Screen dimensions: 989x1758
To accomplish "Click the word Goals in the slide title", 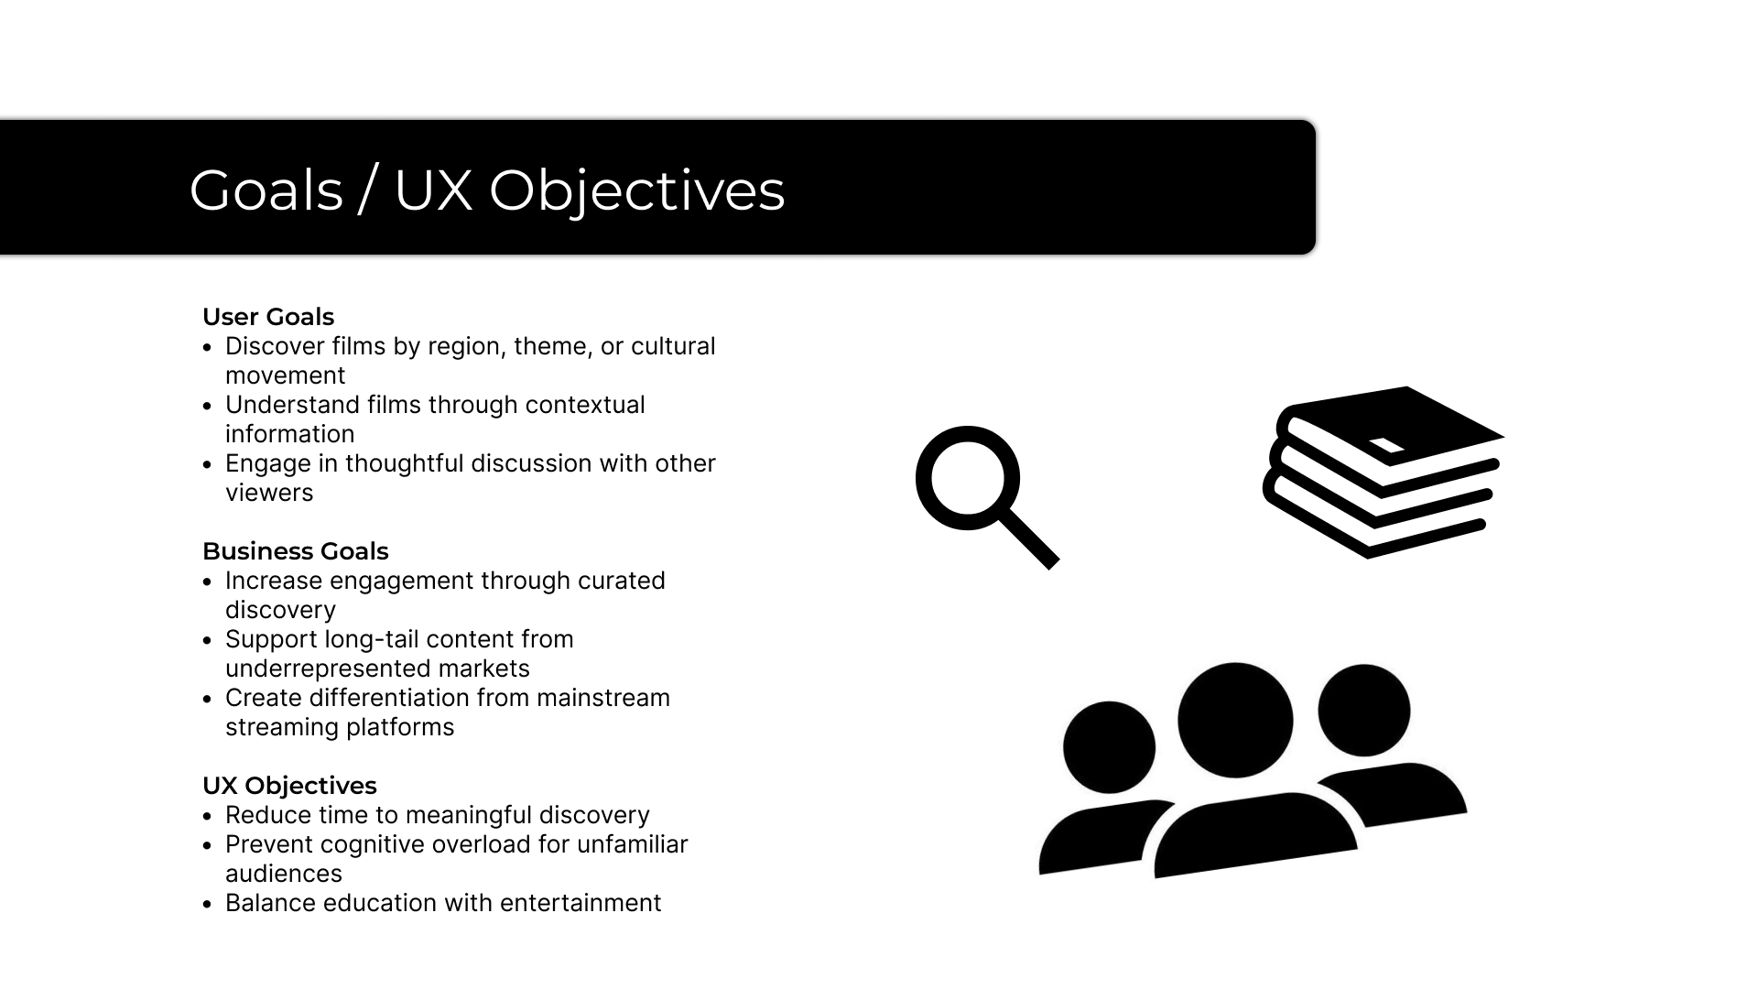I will [266, 190].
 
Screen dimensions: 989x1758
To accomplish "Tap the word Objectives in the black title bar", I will [636, 190].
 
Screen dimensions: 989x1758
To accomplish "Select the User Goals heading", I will [268, 317].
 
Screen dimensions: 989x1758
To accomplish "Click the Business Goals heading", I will [295, 551].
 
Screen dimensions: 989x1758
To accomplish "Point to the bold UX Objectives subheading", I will [289, 786].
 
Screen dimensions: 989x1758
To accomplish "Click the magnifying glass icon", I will [969, 479].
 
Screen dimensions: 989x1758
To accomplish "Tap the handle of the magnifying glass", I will [1029, 540].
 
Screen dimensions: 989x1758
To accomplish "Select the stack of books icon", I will [1383, 472].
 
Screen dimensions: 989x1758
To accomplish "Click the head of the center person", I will [1234, 720].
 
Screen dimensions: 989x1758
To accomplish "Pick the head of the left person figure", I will [1109, 747].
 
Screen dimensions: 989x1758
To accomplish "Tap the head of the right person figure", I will [1364, 711].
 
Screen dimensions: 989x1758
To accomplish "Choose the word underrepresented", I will [329, 668].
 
